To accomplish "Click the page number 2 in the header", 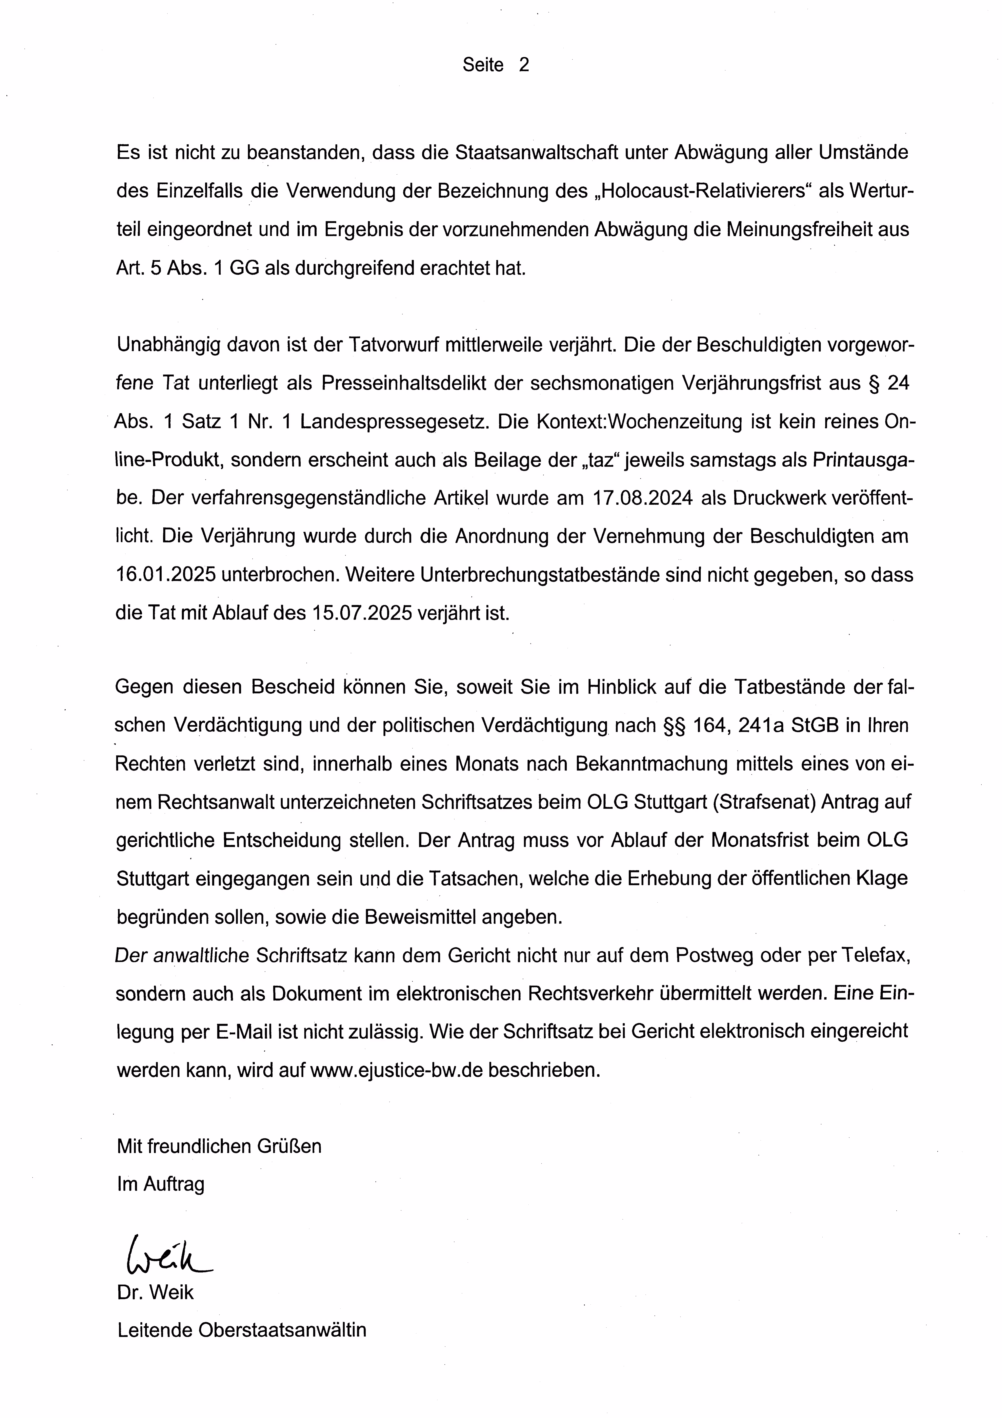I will (x=524, y=65).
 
